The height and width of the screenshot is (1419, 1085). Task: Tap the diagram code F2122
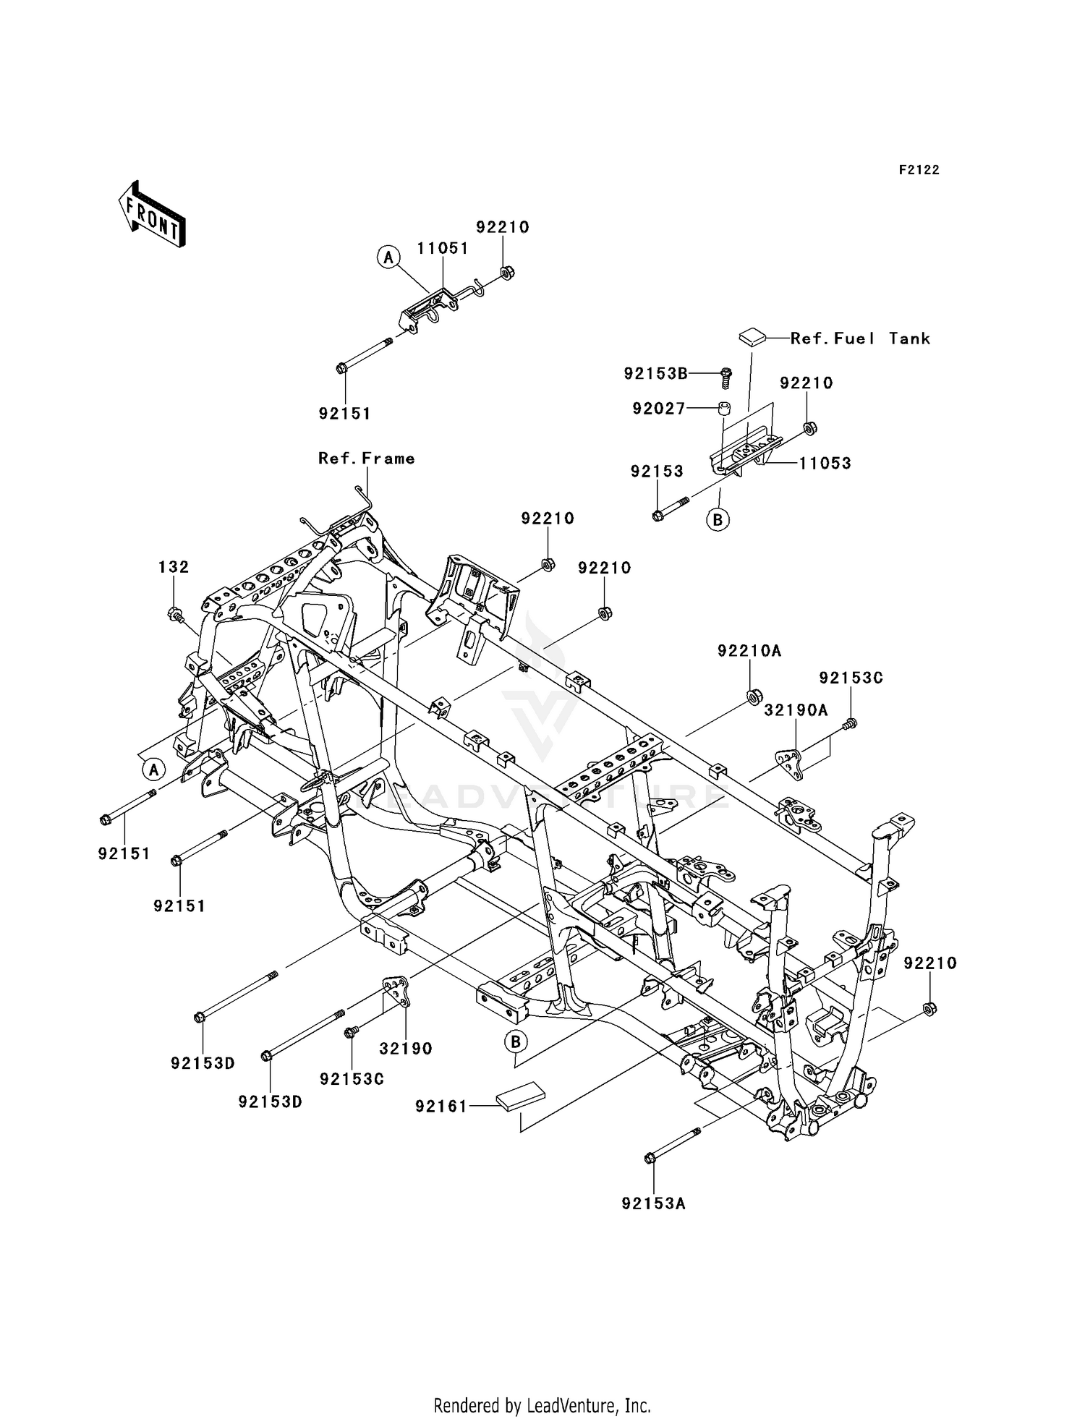(919, 170)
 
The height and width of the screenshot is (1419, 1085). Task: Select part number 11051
(443, 248)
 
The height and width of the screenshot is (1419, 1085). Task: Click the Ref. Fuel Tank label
(860, 338)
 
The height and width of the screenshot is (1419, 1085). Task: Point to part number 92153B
(655, 373)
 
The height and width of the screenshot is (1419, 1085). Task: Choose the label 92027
(658, 409)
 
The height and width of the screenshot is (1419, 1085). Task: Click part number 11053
(825, 464)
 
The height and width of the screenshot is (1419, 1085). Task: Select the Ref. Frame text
(367, 459)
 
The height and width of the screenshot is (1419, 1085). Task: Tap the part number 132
(174, 567)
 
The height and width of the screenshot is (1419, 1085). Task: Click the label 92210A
(749, 651)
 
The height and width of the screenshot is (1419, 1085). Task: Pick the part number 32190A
(796, 711)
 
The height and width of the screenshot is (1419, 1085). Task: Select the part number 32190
(406, 1049)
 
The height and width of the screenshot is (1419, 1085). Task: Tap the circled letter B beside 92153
(718, 519)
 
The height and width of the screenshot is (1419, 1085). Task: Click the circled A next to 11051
(388, 257)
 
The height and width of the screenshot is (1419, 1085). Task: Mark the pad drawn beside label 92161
(519, 1096)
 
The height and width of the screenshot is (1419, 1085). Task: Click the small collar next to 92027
(723, 409)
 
